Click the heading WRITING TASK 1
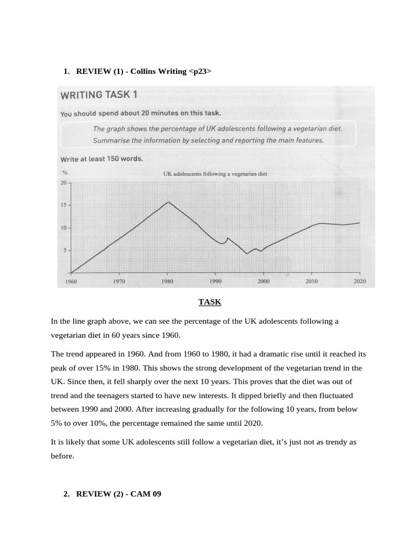98,95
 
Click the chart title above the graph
215,174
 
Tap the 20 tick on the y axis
63,183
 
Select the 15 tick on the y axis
63,205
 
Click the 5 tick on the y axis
64,250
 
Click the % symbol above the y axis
64,173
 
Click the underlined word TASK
209,302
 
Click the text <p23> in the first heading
200,72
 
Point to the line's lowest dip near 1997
247,254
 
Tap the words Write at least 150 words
101,159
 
